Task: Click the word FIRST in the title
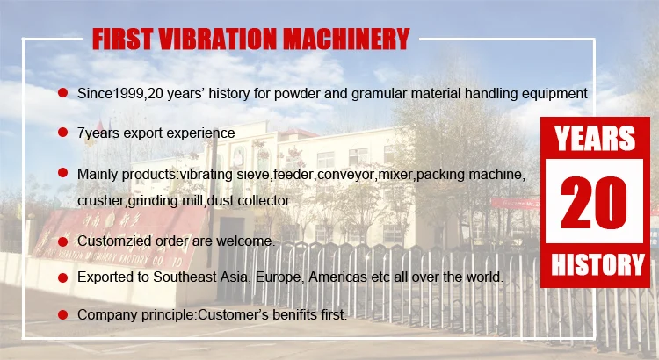[123, 40]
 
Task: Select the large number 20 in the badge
[594, 203]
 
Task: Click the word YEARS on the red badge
[595, 138]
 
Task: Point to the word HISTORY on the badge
[597, 264]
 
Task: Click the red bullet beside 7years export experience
[62, 133]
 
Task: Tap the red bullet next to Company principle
[62, 314]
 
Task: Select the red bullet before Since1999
[62, 92]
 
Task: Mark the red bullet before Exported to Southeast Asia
[62, 277]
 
